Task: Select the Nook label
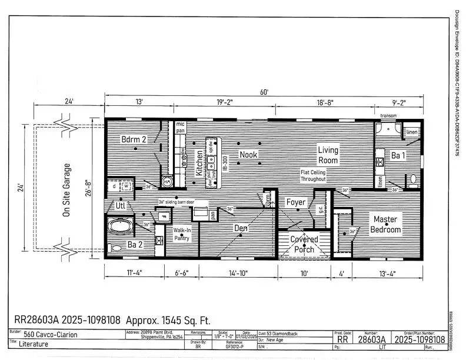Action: tap(249, 155)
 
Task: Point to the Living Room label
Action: tap(328, 155)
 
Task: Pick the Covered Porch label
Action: tap(304, 244)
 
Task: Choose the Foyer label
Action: tap(296, 202)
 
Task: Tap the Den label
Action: tap(241, 227)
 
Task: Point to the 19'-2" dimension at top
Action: tap(224, 102)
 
